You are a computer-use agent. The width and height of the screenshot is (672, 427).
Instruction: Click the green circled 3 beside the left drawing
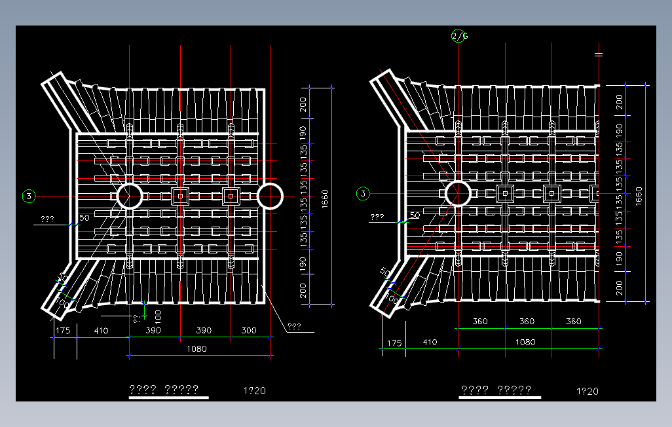click(29, 195)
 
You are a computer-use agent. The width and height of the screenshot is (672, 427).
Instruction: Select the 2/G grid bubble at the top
click(459, 36)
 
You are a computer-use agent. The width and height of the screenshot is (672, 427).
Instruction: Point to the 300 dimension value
click(249, 331)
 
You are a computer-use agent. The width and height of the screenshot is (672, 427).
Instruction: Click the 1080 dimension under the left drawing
click(196, 348)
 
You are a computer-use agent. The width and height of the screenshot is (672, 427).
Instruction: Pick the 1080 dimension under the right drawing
click(525, 342)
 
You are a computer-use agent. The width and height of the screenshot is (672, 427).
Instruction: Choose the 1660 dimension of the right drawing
click(639, 195)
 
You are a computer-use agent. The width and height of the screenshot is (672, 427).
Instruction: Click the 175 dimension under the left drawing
click(63, 331)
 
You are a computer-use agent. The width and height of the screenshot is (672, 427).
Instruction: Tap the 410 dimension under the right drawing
click(430, 343)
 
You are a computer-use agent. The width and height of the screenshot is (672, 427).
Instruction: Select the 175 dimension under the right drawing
click(394, 343)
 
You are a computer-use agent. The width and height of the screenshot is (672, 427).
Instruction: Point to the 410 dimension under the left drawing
click(101, 331)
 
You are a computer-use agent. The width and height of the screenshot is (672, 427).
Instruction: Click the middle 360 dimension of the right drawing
click(527, 322)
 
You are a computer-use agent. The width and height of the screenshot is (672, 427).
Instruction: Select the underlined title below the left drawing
click(164, 390)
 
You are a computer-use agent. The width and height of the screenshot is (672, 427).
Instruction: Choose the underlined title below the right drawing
click(496, 390)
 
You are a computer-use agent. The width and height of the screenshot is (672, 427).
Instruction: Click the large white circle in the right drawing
click(457, 194)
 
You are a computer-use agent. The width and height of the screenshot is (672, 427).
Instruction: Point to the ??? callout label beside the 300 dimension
click(293, 325)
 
